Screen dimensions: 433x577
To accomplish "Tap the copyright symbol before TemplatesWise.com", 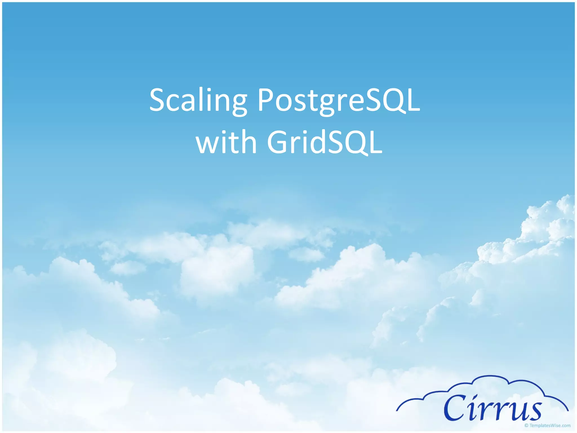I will tap(526, 425).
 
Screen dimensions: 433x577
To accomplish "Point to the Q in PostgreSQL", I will tap(392, 101).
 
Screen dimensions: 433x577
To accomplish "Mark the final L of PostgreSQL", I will tap(413, 100).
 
